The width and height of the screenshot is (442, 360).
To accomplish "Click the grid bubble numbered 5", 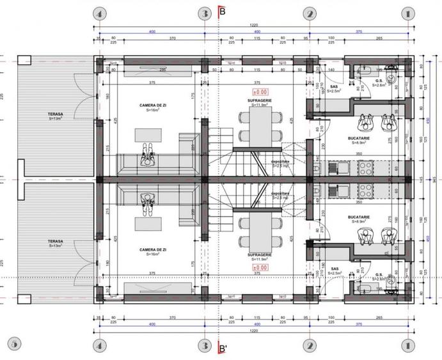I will [x=15, y=344].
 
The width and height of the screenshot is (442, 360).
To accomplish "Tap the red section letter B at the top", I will [x=222, y=11].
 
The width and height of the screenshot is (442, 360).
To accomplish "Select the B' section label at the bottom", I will [x=223, y=349].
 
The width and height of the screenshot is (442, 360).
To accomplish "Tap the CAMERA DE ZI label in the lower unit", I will [x=153, y=249].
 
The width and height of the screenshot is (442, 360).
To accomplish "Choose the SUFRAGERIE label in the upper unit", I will [x=260, y=100].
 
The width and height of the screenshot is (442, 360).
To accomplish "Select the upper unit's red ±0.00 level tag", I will [x=260, y=92].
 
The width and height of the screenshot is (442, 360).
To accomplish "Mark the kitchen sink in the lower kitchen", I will [x=337, y=190].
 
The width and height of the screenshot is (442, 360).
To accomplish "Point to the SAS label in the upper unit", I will [x=335, y=88].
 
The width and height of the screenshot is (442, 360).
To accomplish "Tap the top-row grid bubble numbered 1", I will [x=406, y=13].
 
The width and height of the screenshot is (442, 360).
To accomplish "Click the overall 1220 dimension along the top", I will [x=254, y=24].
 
